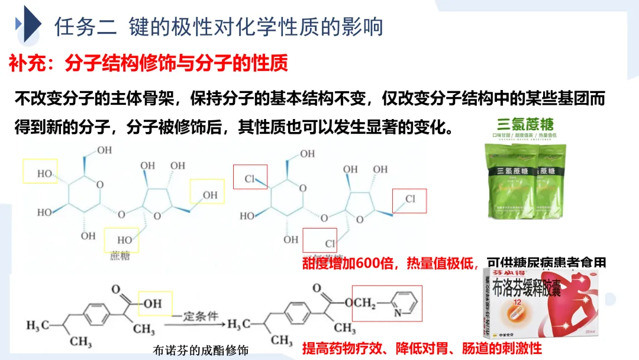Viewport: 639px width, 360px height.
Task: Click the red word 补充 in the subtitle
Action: point(24,63)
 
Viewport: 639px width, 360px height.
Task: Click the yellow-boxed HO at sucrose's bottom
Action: point(124,240)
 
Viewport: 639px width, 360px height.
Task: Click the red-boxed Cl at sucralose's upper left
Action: point(250,177)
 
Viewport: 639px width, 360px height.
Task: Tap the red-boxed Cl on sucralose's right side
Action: point(409,200)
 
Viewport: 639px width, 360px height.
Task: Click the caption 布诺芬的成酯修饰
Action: point(201,351)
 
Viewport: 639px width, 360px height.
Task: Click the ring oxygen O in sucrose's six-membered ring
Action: point(99,185)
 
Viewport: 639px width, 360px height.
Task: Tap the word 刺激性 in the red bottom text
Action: point(521,348)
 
